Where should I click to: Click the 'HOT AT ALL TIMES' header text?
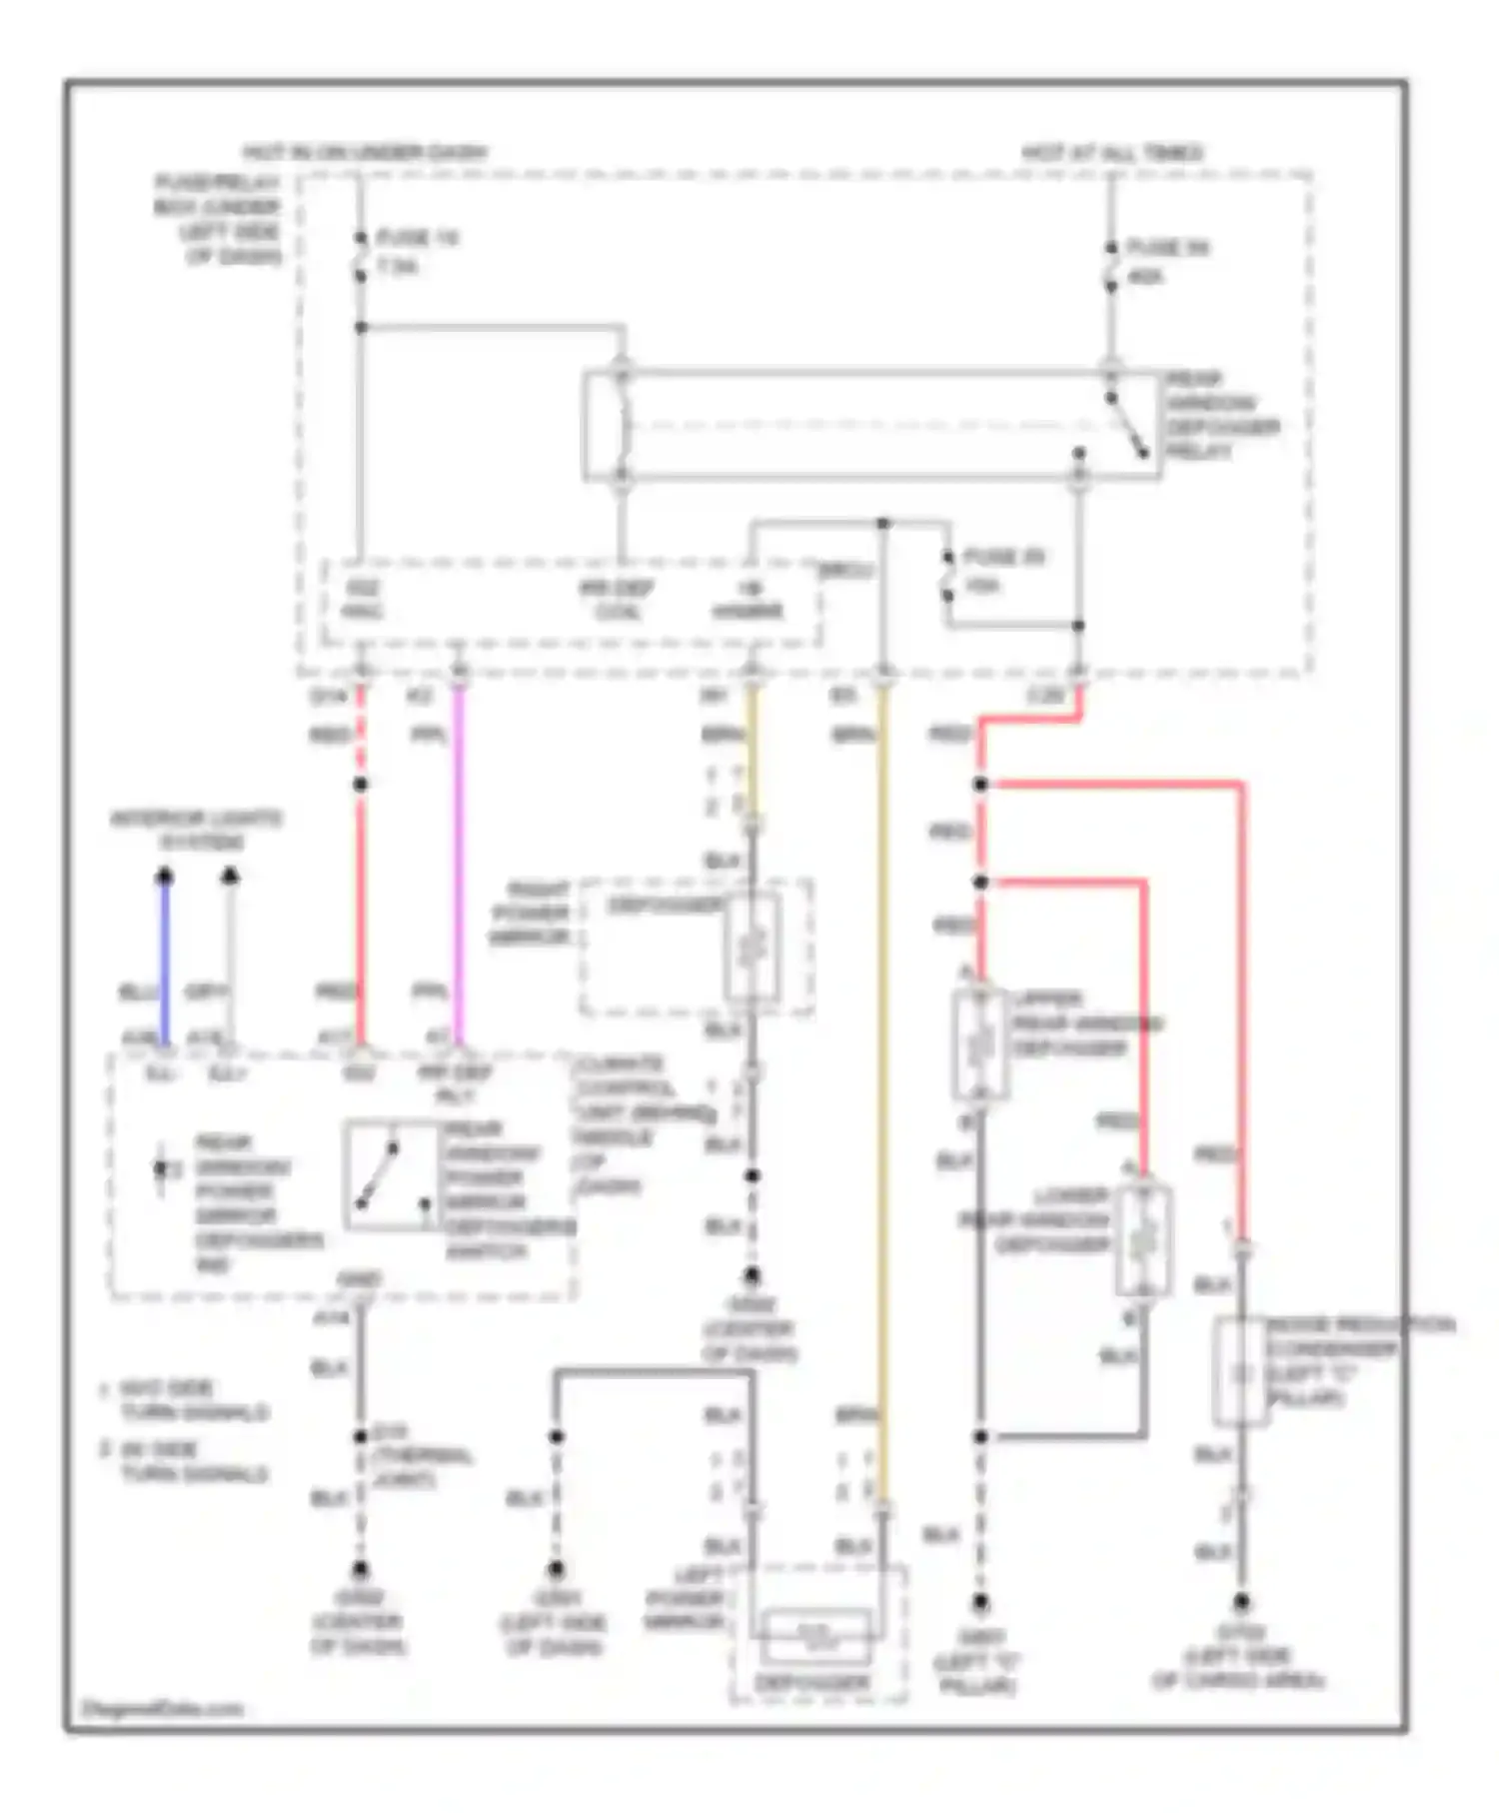(x=1111, y=153)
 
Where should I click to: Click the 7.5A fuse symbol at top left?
(x=361, y=256)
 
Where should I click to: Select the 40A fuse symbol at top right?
(x=1110, y=266)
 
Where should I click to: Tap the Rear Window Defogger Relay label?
(x=1220, y=416)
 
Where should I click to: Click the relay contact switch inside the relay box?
(x=1127, y=424)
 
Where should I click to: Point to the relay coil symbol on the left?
(x=622, y=425)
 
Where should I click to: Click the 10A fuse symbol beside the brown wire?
(x=946, y=576)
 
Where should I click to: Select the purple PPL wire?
(x=459, y=860)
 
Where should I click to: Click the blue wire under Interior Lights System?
(x=166, y=959)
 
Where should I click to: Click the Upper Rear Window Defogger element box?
(x=980, y=1043)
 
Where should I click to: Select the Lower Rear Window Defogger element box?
(x=1143, y=1240)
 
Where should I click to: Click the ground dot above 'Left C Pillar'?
(x=980, y=1602)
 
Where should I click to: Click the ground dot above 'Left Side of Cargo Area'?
(x=1240, y=1601)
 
